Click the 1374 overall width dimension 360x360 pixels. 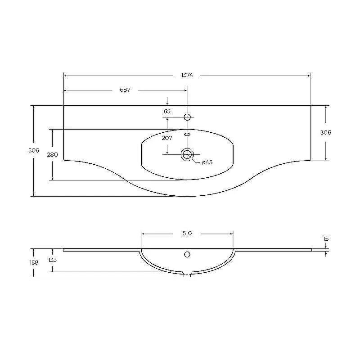(187, 75)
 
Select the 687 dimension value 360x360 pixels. (125, 90)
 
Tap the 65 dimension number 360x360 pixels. (167, 111)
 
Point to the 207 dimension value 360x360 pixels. (167, 138)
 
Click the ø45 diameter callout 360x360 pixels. (207, 162)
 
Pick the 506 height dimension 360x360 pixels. (33, 150)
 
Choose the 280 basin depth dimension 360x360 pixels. (52, 154)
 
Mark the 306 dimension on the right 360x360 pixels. (325, 132)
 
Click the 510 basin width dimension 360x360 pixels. (187, 233)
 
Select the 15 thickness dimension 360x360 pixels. (325, 239)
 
